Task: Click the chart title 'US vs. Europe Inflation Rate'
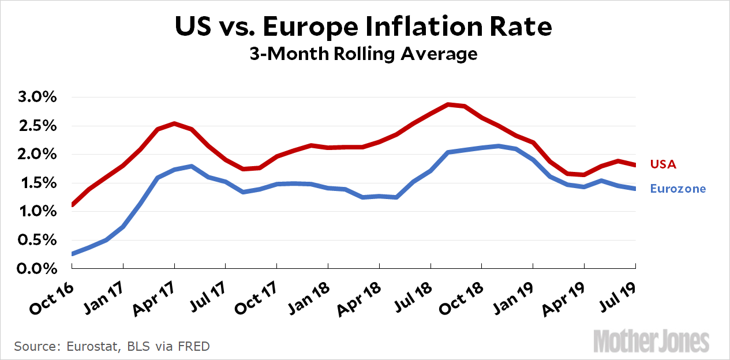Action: (364, 27)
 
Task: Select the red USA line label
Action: (663, 164)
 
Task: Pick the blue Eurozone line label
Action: (678, 189)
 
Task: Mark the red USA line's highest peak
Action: (448, 104)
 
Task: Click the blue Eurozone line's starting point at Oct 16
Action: (72, 254)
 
